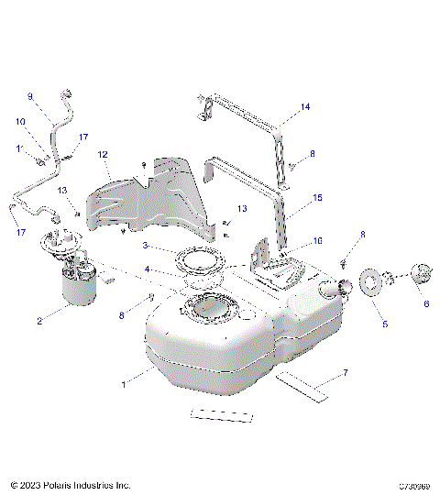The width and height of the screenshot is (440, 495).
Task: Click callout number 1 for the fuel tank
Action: (124, 384)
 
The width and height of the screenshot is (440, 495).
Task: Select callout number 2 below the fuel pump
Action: (39, 321)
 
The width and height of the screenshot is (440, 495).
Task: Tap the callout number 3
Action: (146, 247)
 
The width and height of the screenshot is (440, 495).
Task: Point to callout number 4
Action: (146, 269)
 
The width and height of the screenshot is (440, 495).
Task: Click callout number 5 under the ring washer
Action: (385, 324)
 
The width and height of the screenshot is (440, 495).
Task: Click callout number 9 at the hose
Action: (29, 96)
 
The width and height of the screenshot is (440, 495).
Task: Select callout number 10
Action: (19, 121)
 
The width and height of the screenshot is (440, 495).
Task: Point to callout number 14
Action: (305, 107)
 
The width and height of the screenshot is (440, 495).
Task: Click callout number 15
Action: (318, 197)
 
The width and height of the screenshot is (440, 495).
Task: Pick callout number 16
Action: (318, 241)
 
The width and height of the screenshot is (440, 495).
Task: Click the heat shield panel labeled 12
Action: (147, 197)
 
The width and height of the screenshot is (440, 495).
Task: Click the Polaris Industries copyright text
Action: (71, 484)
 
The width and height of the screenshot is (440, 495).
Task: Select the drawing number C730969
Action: (416, 484)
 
